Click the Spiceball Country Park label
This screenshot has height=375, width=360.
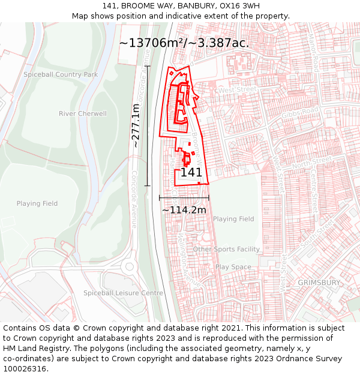pos(61,74)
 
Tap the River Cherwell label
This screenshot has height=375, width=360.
pos(83,113)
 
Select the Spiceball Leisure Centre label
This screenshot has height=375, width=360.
pos(123,293)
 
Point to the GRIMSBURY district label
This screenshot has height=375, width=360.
pos(319,282)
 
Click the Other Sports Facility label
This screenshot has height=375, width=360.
pos(226,249)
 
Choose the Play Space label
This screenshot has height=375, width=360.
pos(233,267)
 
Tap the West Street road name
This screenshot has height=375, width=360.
pos(238,89)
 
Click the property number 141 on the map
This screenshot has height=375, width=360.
pos(191,172)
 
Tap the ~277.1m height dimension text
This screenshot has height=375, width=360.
pos(136,125)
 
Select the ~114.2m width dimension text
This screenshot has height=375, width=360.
pos(184,209)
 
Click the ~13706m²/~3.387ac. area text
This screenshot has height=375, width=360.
pos(184,43)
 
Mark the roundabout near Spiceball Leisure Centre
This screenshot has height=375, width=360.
pos(129,266)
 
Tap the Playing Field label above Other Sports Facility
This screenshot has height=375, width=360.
pos(233,219)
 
